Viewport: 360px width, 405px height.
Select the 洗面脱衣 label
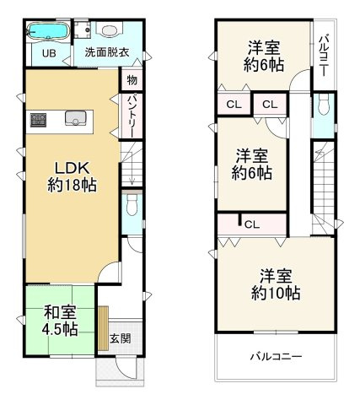click(106, 52)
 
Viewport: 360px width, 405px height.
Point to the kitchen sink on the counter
click(74, 119)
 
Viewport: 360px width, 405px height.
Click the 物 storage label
click(132, 80)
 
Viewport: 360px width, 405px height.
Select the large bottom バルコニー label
click(275, 356)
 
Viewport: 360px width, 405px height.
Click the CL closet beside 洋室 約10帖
click(251, 224)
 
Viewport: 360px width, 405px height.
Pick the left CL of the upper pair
click(234, 104)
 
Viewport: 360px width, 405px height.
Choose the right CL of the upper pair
click(268, 104)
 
